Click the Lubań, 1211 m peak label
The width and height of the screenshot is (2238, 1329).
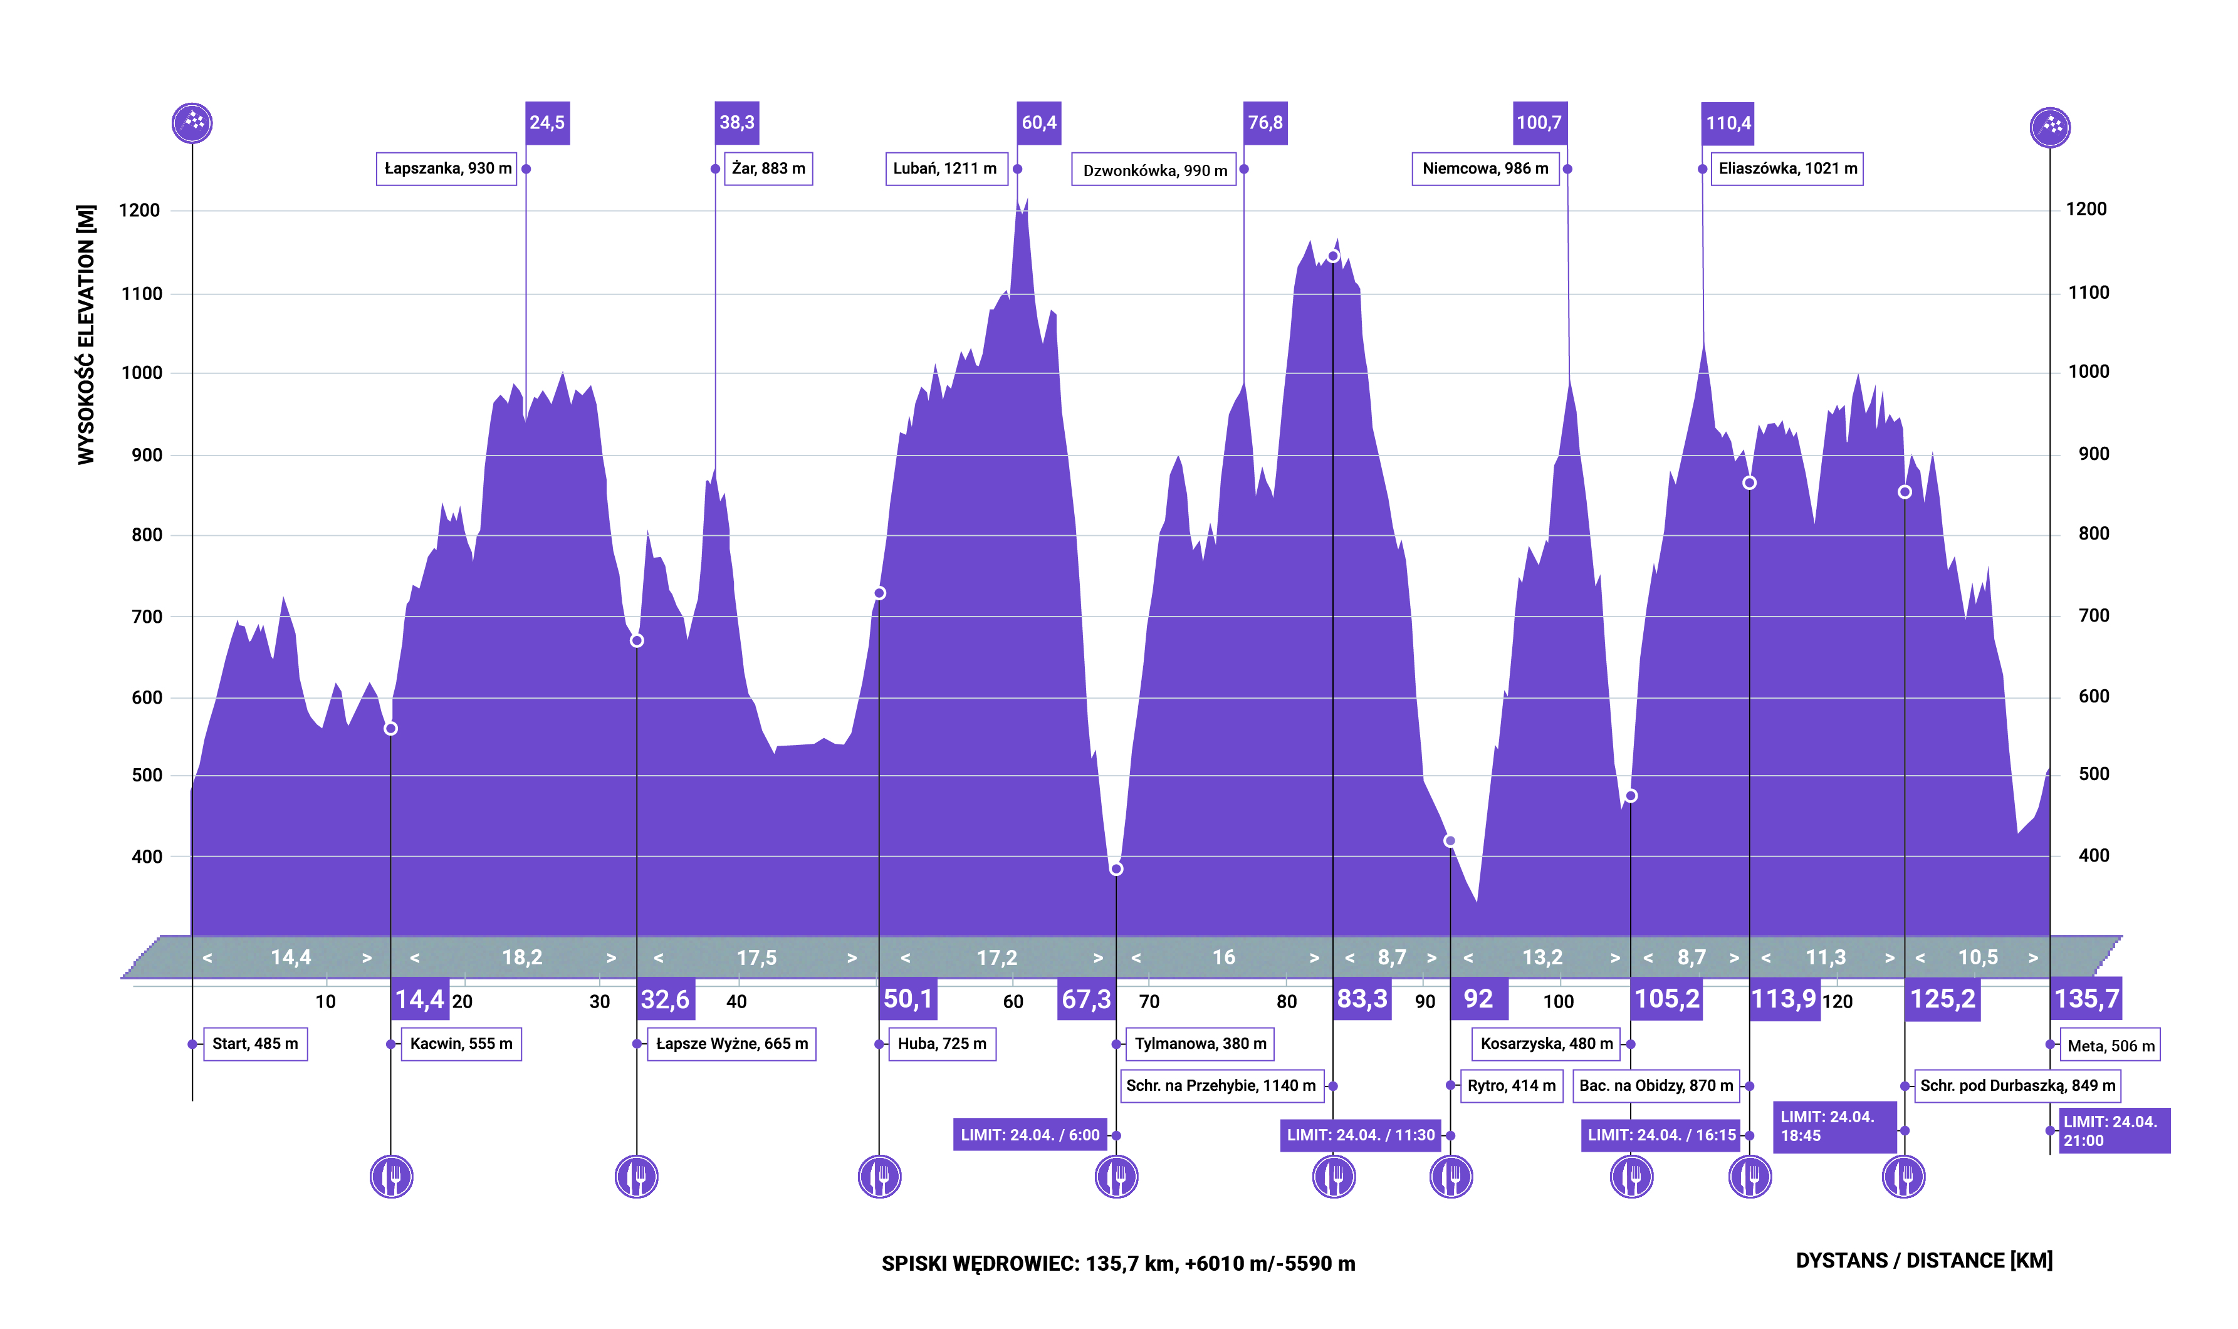pos(946,169)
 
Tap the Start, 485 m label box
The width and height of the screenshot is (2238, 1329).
pos(255,1044)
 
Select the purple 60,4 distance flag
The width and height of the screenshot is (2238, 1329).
pos(1039,123)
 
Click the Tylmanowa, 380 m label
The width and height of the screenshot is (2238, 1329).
pos(1200,1044)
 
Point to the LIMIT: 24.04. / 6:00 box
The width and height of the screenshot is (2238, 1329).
pos(1030,1135)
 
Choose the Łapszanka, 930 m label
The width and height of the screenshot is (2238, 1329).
pos(447,169)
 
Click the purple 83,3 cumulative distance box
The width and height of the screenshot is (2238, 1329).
pos(1362,999)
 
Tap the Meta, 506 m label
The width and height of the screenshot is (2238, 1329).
pos(2111,1046)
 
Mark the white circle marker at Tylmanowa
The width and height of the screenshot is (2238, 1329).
pos(1116,868)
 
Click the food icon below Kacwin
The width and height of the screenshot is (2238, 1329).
pos(391,1177)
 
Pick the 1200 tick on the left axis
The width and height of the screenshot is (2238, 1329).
pos(140,211)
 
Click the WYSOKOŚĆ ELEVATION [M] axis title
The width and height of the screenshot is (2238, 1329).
pos(86,334)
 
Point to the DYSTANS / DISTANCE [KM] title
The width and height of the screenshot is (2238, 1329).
pos(1923,1261)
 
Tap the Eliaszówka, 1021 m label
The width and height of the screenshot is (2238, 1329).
pos(1787,169)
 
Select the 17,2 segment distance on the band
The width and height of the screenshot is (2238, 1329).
pos(996,958)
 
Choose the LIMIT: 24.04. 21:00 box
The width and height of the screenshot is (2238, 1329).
pos(2113,1131)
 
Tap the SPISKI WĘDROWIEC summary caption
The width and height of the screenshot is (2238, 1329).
pos(1117,1264)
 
